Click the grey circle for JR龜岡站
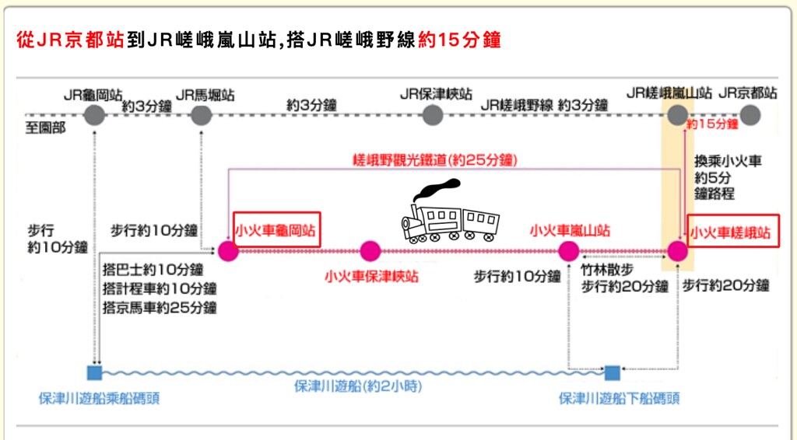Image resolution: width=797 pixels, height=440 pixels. (x=93, y=115)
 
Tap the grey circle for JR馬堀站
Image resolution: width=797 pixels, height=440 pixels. (x=202, y=115)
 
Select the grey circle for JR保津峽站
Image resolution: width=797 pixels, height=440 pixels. (x=433, y=115)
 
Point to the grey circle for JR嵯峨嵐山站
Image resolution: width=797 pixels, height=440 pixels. (x=678, y=115)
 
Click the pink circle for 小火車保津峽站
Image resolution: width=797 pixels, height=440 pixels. (x=370, y=251)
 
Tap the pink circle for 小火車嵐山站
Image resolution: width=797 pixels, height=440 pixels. (x=569, y=251)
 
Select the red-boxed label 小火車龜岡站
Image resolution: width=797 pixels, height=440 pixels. (x=277, y=231)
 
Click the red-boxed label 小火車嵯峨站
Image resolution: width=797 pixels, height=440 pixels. (x=733, y=232)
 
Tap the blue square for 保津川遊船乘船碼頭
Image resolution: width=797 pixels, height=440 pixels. (x=96, y=371)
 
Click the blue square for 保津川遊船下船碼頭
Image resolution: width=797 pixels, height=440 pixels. (x=613, y=371)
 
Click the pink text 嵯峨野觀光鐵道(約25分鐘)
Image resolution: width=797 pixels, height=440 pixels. (x=434, y=160)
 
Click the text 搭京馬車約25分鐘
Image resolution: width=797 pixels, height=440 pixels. (x=160, y=307)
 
